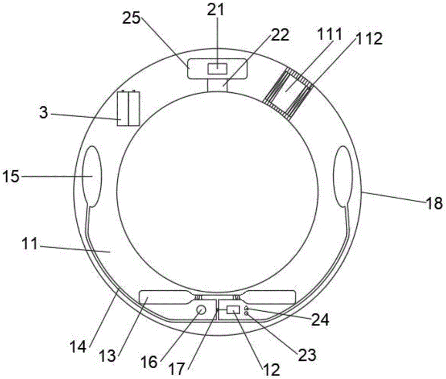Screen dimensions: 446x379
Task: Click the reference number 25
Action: pos(132,18)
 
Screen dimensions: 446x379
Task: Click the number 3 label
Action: pos(44,113)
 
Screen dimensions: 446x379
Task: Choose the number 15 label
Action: pos(11,176)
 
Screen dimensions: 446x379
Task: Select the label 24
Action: pos(320,320)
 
